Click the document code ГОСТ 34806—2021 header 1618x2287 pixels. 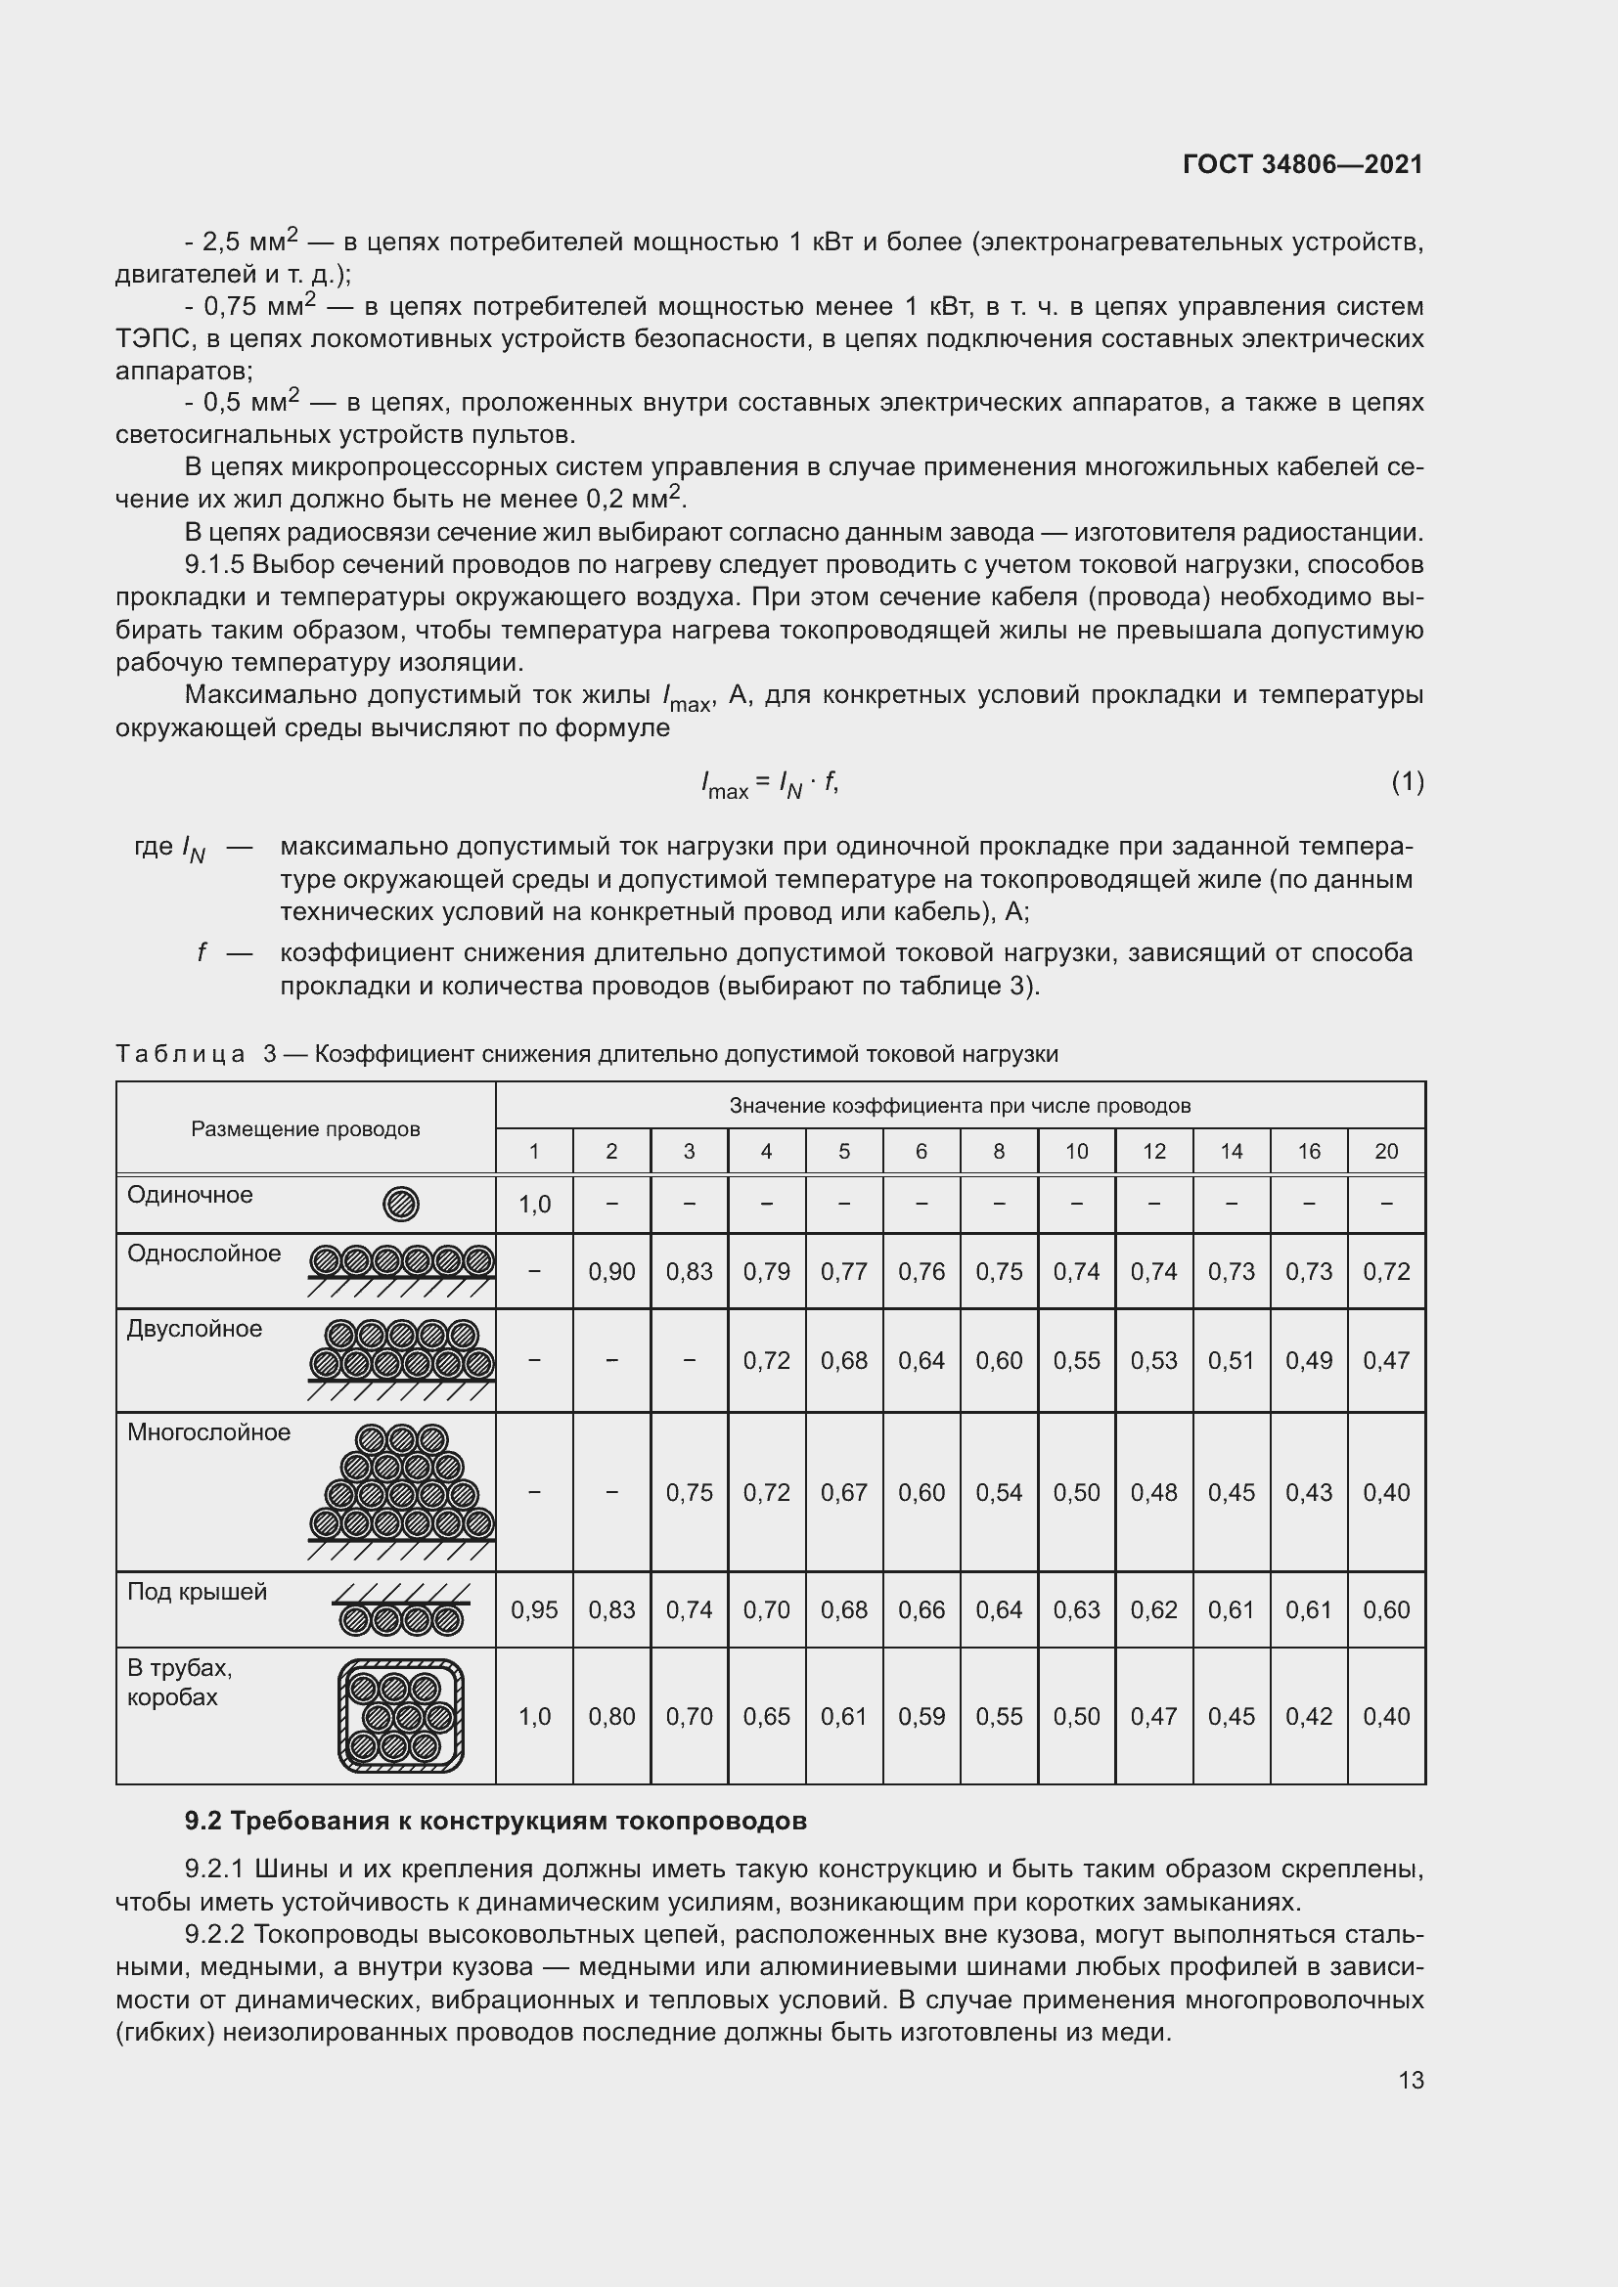1302,164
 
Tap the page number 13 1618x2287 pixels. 1411,2080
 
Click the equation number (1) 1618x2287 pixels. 1407,782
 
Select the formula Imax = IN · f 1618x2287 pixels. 769,785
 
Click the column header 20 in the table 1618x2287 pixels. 1386,1152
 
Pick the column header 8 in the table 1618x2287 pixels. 999,1152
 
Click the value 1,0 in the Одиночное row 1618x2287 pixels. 534,1205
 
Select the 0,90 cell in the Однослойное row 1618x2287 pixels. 610,1272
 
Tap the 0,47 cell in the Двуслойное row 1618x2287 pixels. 1386,1361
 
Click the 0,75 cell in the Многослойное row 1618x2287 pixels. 689,1493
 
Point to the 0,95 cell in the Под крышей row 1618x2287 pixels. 534,1610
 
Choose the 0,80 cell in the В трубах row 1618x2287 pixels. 610,1717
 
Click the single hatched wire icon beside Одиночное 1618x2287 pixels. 400,1205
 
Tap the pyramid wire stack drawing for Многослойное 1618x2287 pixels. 401,1484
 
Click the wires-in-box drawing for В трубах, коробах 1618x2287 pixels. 400,1716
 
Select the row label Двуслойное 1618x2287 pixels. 195,1329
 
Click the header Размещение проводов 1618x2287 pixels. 305,1129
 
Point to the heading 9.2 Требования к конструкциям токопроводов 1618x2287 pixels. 495,1822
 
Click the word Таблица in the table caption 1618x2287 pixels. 180,1054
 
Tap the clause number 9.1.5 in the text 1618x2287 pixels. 213,565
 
